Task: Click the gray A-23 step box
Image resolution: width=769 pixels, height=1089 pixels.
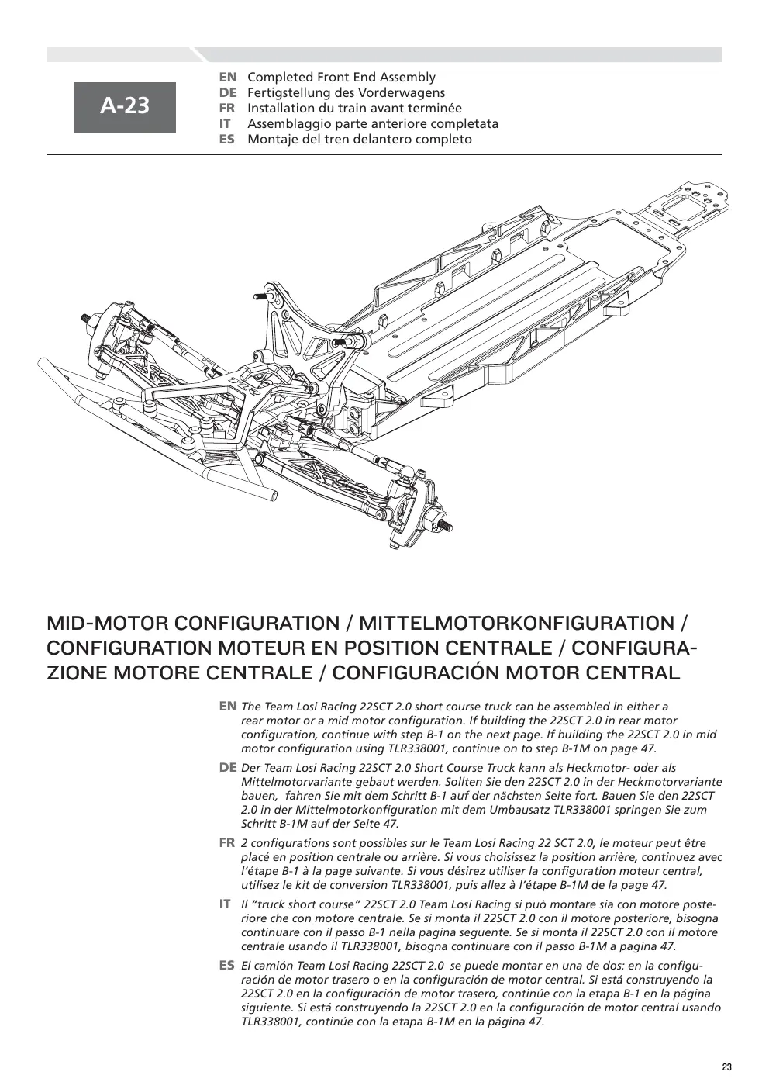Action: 125,108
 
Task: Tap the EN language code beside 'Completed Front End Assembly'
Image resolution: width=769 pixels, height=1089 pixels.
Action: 228,77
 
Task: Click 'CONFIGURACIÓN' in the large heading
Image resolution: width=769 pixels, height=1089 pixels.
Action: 419,672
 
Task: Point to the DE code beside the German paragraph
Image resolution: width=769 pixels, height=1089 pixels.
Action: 228,768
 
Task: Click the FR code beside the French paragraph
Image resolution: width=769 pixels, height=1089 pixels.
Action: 227,842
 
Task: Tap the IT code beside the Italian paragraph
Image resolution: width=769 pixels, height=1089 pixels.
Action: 225,904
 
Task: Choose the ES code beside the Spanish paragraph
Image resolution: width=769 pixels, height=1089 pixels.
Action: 227,965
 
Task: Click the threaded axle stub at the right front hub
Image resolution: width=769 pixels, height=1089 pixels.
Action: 443,526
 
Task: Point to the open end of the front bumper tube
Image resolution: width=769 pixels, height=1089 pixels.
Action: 275,495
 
